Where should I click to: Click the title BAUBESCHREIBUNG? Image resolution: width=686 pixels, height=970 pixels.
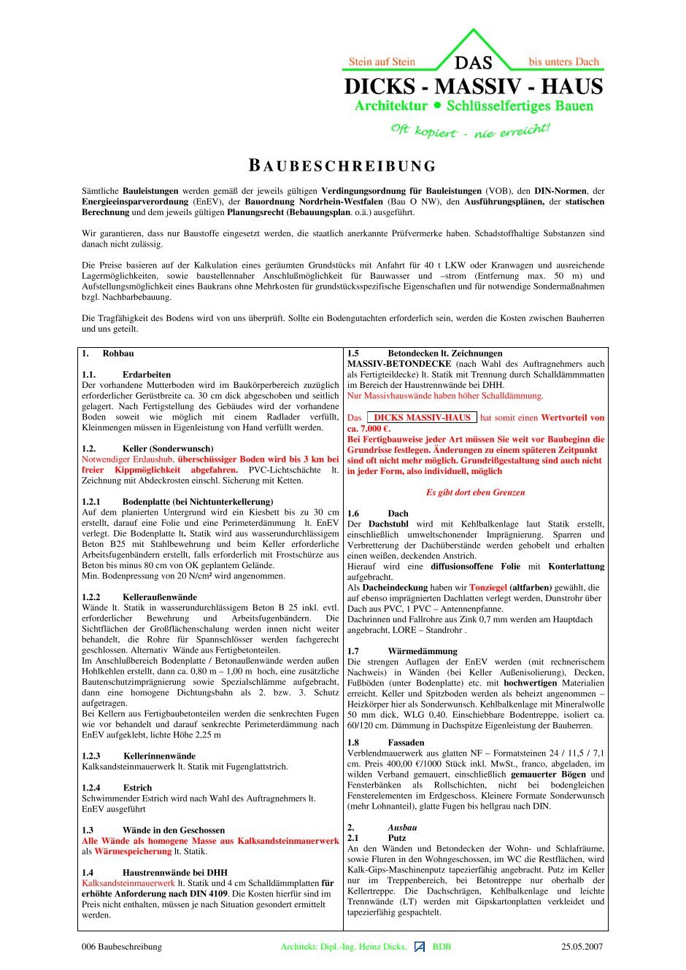[x=342, y=166]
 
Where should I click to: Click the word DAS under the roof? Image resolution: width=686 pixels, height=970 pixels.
[x=474, y=63]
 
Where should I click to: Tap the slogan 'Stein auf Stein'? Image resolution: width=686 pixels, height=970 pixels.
[x=382, y=62]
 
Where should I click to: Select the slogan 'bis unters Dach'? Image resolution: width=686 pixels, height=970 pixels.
[x=563, y=62]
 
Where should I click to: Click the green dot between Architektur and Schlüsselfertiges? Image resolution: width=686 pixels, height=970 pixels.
[x=437, y=105]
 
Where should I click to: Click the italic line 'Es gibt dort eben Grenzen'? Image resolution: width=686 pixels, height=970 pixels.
[x=475, y=492]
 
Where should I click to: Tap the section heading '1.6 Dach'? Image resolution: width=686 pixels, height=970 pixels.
[x=378, y=513]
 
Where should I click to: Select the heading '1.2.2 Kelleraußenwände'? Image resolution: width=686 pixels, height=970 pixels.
[x=139, y=597]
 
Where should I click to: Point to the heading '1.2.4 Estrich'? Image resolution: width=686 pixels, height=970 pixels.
[x=117, y=788]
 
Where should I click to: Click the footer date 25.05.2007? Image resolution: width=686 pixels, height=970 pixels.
[x=582, y=947]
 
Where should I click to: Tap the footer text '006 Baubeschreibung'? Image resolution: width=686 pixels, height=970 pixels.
[x=122, y=947]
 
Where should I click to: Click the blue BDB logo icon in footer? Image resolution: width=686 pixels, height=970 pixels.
[x=420, y=947]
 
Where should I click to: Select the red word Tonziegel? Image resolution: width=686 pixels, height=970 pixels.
[x=487, y=587]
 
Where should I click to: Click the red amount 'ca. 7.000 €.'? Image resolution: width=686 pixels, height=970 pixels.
[x=369, y=429]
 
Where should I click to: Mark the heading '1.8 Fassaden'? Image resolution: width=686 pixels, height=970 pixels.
[x=386, y=742]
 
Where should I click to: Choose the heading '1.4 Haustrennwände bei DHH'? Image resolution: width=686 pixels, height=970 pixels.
[x=154, y=872]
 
